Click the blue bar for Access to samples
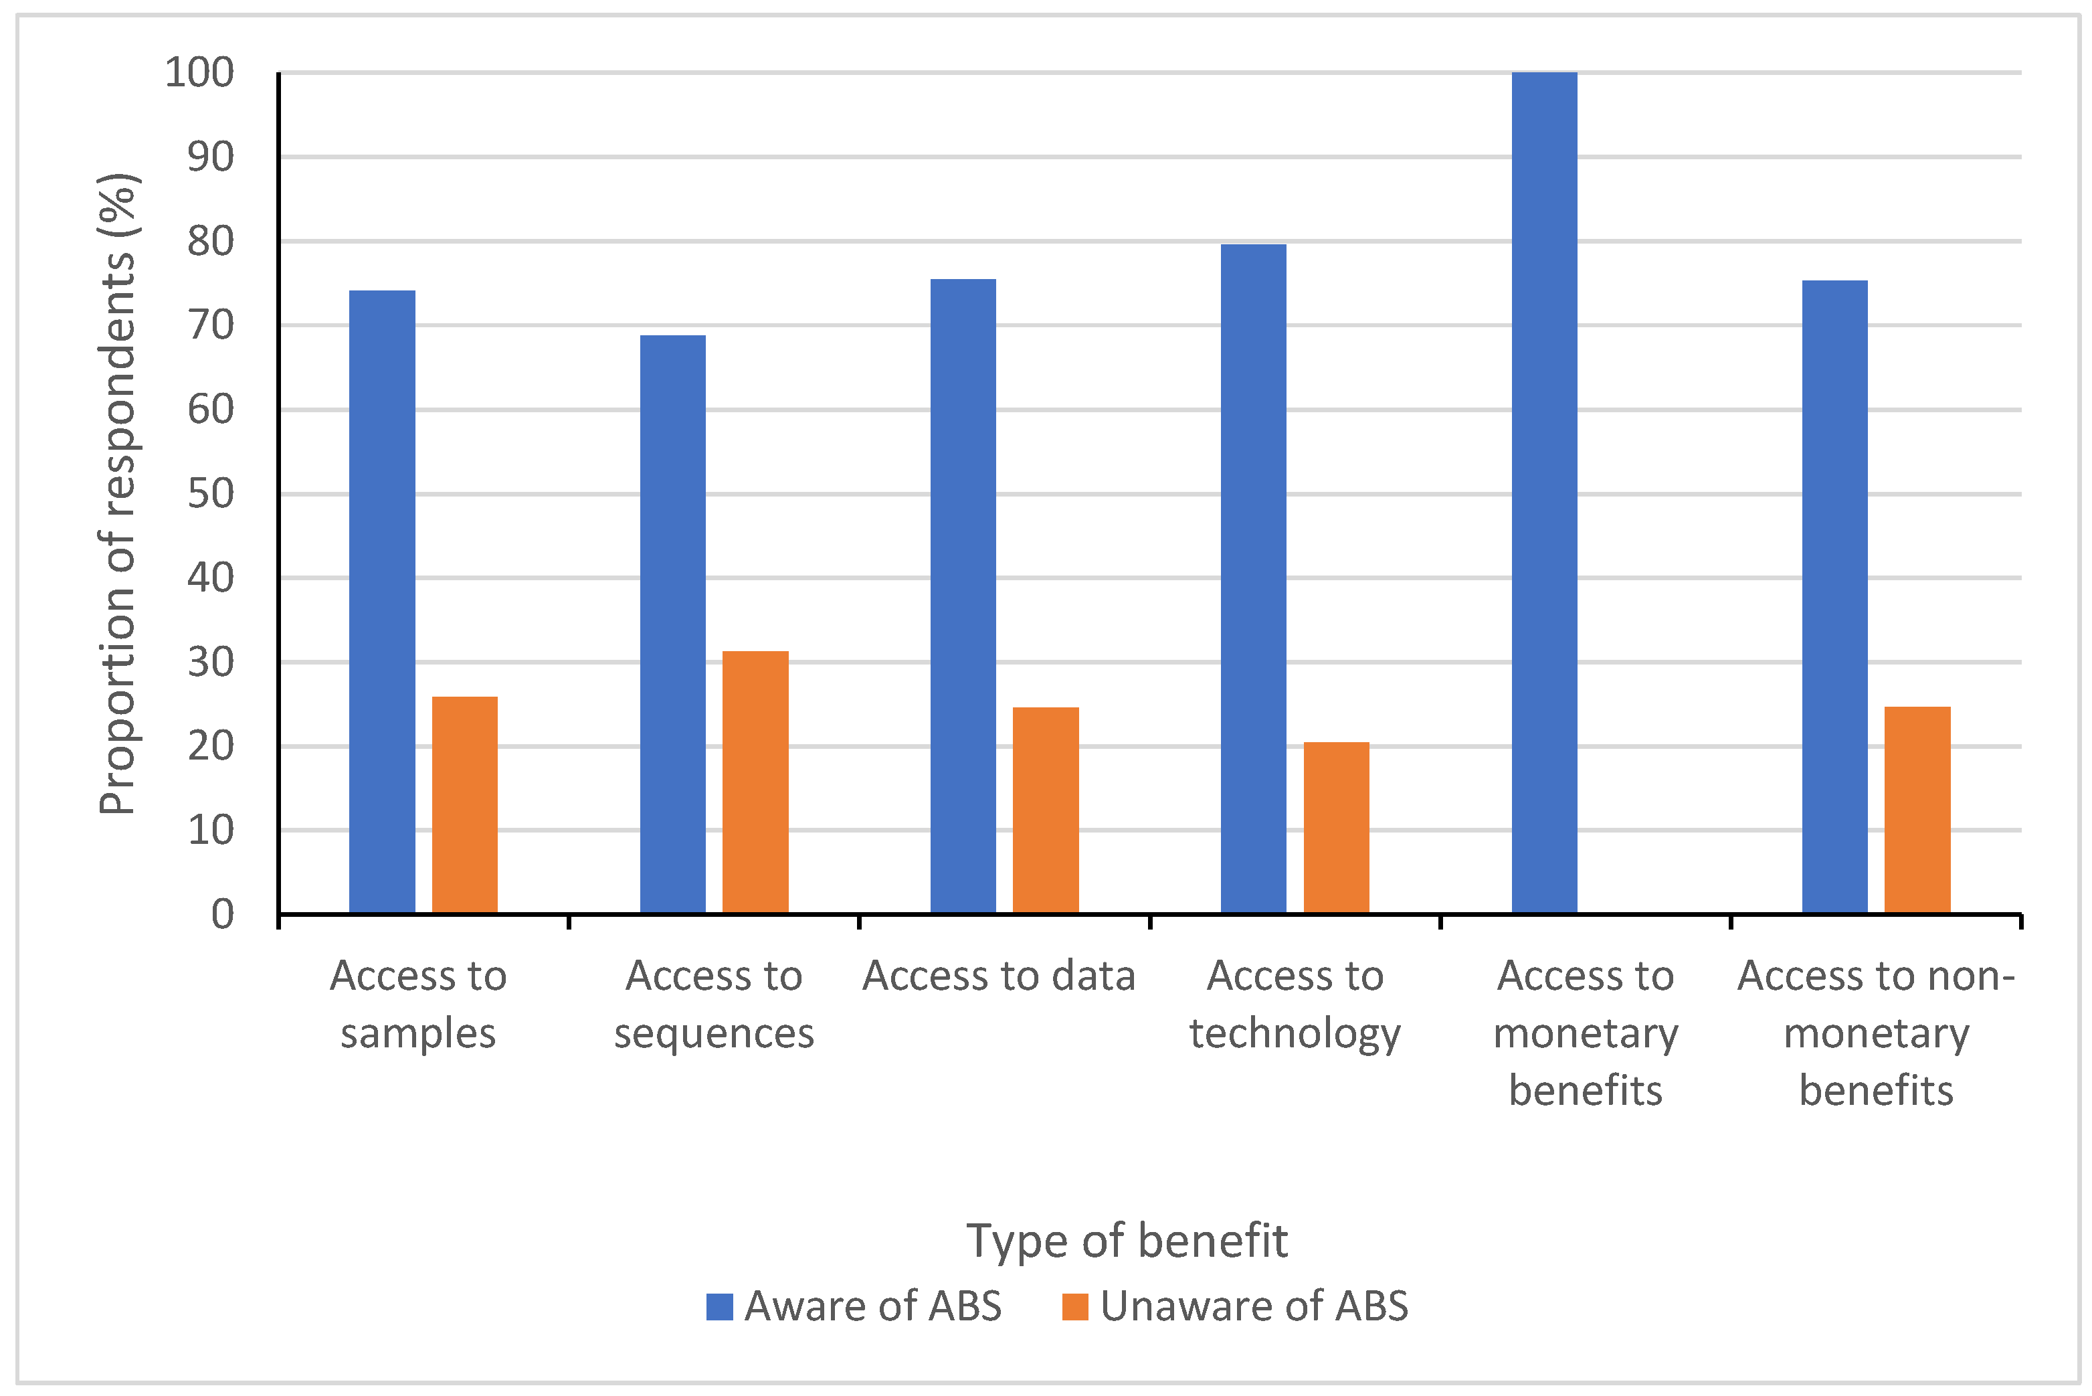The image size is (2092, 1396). [x=382, y=602]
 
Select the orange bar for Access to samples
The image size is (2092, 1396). [x=464, y=805]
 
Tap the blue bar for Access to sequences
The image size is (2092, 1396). [x=673, y=624]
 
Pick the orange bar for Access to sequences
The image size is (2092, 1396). [x=755, y=782]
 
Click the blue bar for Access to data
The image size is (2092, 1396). [x=963, y=596]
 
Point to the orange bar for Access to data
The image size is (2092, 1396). [x=1046, y=810]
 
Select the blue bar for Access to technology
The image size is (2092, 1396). [x=1253, y=579]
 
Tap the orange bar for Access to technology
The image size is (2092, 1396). [x=1337, y=828]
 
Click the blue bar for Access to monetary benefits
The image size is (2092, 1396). [x=1545, y=493]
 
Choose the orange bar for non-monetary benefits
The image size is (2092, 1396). [x=1917, y=810]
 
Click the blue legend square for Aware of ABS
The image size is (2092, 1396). [x=719, y=1307]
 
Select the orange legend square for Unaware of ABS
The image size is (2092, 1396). [x=1075, y=1307]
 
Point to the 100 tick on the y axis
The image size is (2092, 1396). [x=199, y=72]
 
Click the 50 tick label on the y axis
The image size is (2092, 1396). [x=211, y=494]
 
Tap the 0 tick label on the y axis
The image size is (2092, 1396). [x=223, y=914]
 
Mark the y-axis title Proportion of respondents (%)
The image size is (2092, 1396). [x=118, y=494]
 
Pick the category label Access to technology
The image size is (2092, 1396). [x=1295, y=1005]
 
